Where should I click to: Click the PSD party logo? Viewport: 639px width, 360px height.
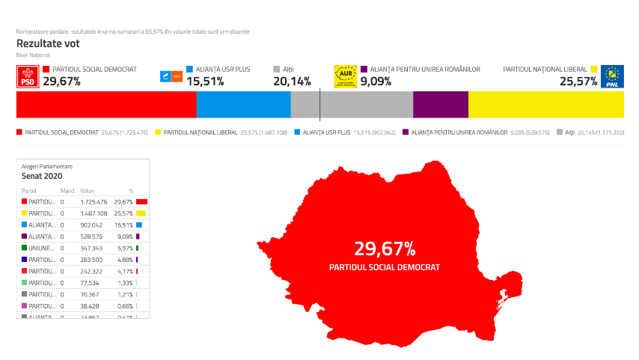point(28,77)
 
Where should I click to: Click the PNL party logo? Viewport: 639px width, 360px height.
point(613,77)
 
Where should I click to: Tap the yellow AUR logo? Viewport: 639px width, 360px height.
point(345,77)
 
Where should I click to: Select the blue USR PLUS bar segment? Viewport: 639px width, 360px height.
point(243,106)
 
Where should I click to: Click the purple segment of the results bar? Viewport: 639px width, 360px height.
point(440,106)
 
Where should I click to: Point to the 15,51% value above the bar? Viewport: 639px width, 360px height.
point(205,82)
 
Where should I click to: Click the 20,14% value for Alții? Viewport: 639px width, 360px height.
point(293,82)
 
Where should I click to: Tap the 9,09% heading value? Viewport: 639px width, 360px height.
point(376,82)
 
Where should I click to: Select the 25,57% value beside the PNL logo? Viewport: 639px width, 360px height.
point(578,82)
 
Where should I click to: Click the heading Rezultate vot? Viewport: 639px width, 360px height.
point(48,43)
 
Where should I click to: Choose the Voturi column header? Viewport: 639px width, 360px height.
point(88,191)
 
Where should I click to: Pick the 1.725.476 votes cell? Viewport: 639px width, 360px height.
point(94,202)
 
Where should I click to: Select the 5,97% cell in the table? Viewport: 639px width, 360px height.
point(125,248)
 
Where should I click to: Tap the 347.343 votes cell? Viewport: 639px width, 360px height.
point(94,248)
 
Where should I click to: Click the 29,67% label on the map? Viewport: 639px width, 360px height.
point(385,248)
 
